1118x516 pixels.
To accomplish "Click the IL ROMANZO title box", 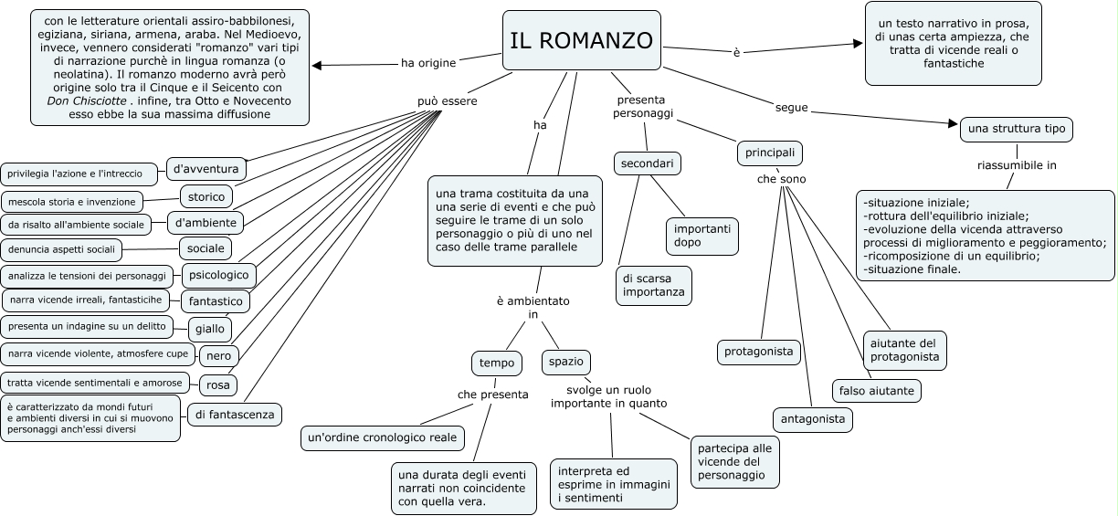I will click(581, 41).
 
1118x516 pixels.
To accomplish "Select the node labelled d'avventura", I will click(206, 169).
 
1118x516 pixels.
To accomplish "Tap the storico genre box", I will click(206, 196).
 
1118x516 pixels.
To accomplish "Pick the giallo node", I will click(209, 329).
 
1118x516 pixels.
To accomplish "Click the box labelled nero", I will click(219, 355).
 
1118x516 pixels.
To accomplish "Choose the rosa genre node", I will click(216, 384).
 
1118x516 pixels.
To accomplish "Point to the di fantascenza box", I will click(234, 415).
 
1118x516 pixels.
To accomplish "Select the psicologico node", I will click(219, 274).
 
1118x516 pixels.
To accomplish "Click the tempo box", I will click(497, 363).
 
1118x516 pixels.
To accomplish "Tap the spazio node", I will click(565, 362).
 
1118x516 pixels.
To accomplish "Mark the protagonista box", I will click(758, 352).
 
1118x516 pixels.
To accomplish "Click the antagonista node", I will click(812, 419).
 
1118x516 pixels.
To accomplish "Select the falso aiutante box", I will click(875, 391).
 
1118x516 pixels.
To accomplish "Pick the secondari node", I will click(647, 163).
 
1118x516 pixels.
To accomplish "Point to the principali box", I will click(769, 153).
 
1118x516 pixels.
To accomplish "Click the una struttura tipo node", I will click(1016, 130).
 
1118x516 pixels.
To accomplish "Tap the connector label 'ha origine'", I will click(428, 63).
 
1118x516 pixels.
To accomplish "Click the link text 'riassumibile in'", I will click(1017, 165).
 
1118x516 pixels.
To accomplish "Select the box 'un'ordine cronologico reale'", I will click(382, 438).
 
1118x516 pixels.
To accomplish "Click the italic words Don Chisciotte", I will click(87, 100).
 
